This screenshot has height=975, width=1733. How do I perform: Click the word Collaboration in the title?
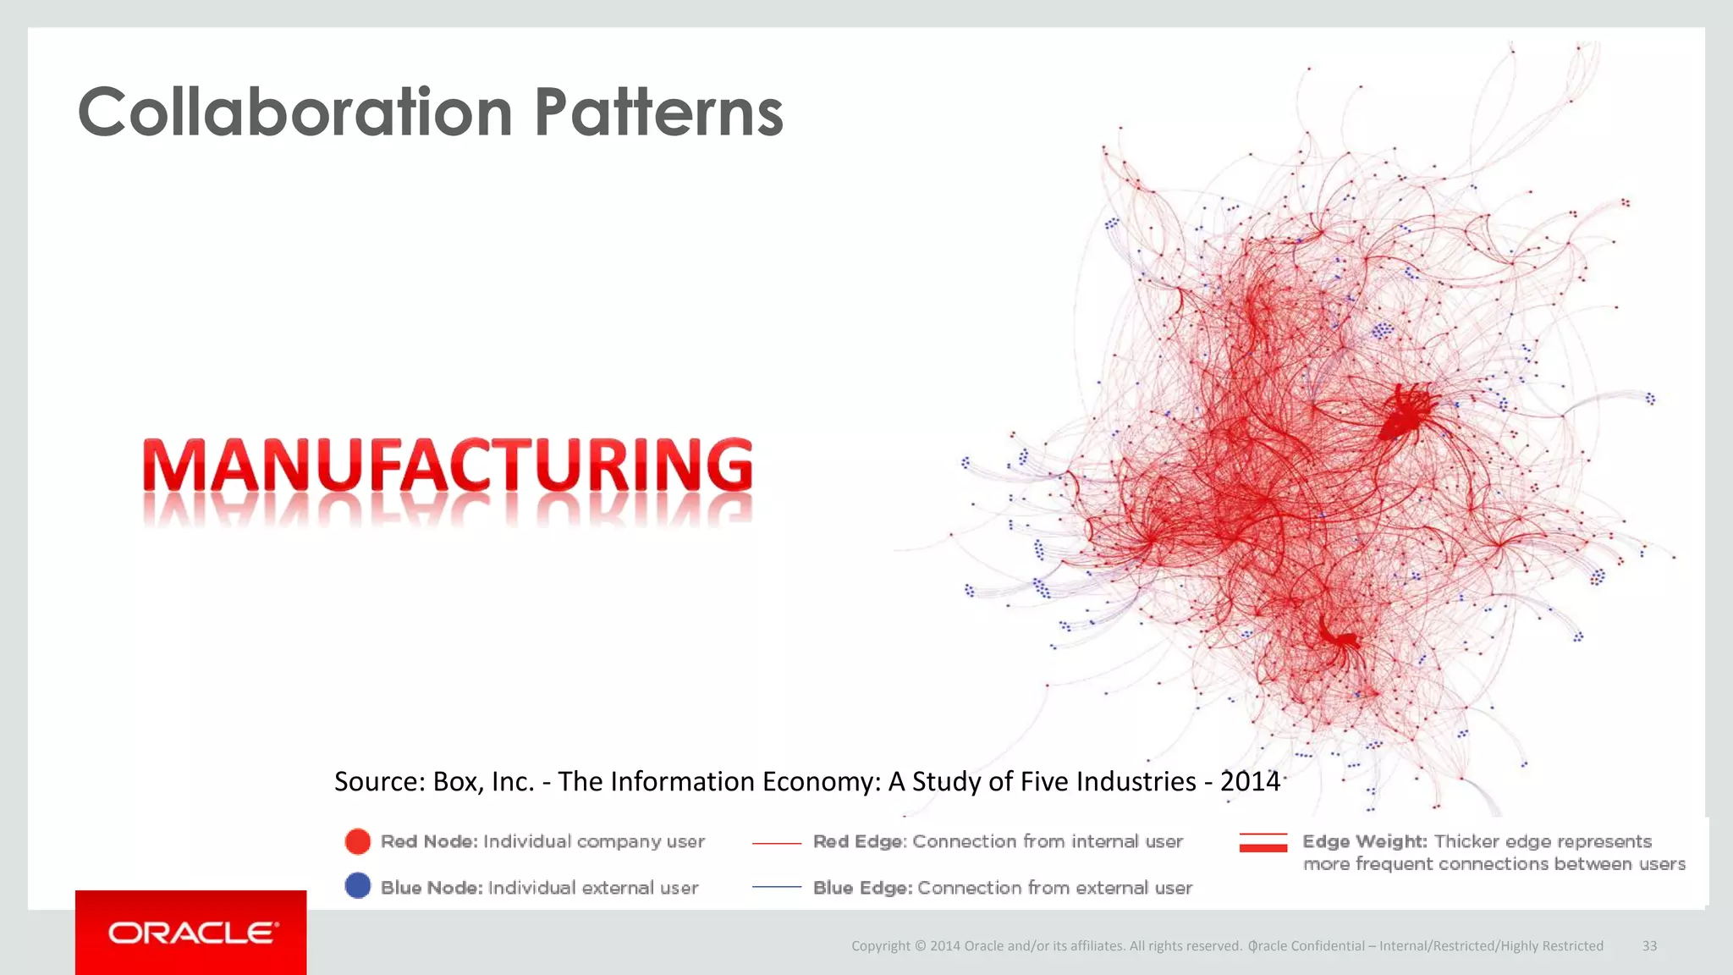[294, 113]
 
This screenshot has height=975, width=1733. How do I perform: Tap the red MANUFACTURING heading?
[448, 465]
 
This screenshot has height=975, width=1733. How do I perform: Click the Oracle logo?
[192, 933]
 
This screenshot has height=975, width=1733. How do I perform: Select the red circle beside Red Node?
[358, 841]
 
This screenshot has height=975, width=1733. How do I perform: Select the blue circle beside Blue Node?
[358, 886]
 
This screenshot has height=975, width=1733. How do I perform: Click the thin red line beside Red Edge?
[776, 843]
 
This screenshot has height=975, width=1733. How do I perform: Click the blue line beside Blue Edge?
[776, 887]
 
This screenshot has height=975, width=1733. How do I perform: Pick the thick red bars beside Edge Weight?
[1263, 842]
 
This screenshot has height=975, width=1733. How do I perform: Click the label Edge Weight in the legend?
[1364, 841]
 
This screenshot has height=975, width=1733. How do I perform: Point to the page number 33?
[1649, 946]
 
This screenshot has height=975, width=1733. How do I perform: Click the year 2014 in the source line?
[1249, 781]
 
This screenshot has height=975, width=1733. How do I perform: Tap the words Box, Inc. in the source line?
[483, 781]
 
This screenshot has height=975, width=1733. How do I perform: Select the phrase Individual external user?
[592, 888]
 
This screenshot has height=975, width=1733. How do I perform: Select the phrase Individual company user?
[593, 841]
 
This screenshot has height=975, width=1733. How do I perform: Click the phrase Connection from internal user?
[1047, 841]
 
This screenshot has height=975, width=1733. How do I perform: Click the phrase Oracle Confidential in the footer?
[1307, 946]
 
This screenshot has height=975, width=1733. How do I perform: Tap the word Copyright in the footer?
[880, 946]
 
